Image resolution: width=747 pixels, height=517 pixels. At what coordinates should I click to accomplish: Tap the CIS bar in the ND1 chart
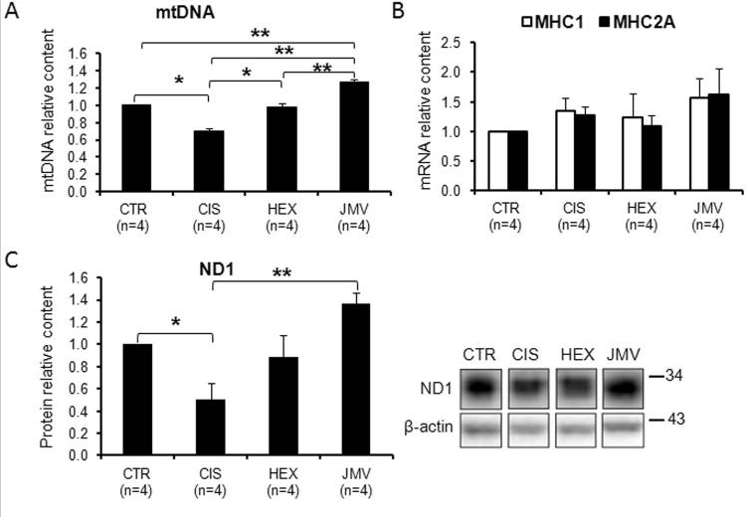(x=209, y=428)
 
